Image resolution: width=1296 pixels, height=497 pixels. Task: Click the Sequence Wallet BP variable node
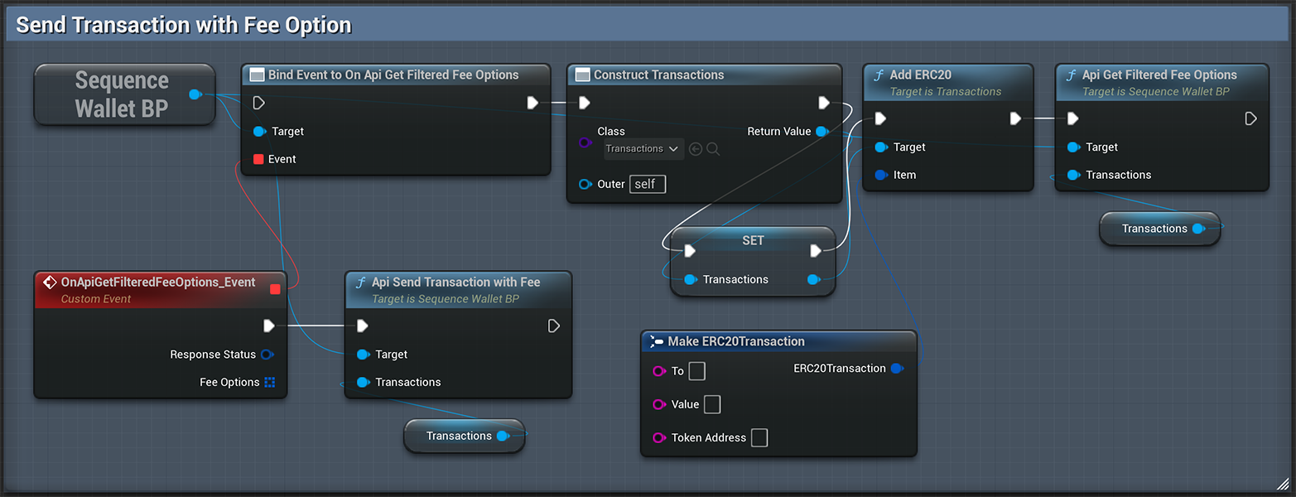122,94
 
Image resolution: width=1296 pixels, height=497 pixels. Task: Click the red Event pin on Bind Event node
258,159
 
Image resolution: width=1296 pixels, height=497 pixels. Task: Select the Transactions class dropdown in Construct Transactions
643,149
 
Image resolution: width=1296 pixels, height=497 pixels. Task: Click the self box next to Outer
647,184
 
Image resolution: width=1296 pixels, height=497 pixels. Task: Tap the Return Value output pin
821,132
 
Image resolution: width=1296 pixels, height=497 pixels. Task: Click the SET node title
753,240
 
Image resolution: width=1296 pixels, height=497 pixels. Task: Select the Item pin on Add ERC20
881,175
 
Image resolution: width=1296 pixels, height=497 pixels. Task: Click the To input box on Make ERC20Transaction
697,371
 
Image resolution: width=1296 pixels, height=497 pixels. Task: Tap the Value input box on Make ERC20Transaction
712,404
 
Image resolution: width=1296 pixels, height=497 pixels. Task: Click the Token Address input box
759,437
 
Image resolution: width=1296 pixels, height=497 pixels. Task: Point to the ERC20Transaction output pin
896,369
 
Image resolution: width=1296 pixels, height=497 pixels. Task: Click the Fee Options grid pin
269,383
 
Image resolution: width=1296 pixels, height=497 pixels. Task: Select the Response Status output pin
267,355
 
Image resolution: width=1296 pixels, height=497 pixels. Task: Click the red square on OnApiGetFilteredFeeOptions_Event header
275,289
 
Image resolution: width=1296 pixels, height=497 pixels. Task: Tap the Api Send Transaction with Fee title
455,282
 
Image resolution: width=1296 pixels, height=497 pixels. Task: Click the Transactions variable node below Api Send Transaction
464,436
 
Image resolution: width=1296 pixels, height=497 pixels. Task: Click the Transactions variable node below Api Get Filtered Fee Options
1159,229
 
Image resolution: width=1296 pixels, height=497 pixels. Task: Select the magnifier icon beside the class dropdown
713,149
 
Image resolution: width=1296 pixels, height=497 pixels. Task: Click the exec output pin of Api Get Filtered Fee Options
1250,119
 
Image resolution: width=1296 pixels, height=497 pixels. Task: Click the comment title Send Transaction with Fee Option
184,25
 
